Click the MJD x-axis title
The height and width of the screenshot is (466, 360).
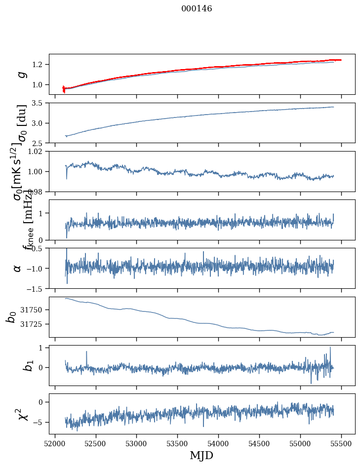tap(201, 455)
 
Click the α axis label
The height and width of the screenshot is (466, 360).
tap(18, 268)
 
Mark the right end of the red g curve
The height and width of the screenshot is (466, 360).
tap(341, 60)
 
